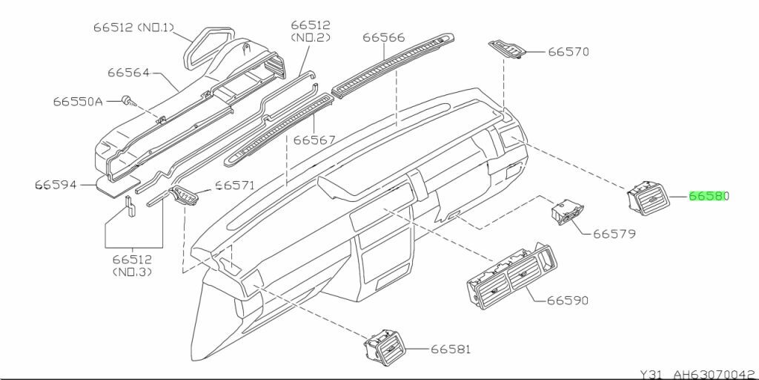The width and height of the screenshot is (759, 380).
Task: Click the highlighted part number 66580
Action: point(709,197)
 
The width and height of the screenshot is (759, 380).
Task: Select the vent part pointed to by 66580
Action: point(647,198)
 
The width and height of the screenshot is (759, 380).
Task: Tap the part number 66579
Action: point(614,233)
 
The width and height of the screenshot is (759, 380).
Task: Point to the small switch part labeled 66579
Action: point(568,211)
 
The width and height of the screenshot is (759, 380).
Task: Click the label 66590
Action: point(568,301)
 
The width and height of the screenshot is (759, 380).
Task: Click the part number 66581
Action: point(451,349)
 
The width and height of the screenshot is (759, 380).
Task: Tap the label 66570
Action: point(569,52)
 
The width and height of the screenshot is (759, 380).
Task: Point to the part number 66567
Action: point(314,140)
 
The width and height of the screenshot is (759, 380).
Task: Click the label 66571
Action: point(235,186)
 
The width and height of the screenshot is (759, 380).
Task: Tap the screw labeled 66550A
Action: point(128,99)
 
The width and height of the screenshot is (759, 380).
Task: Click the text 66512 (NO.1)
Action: point(133,28)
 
